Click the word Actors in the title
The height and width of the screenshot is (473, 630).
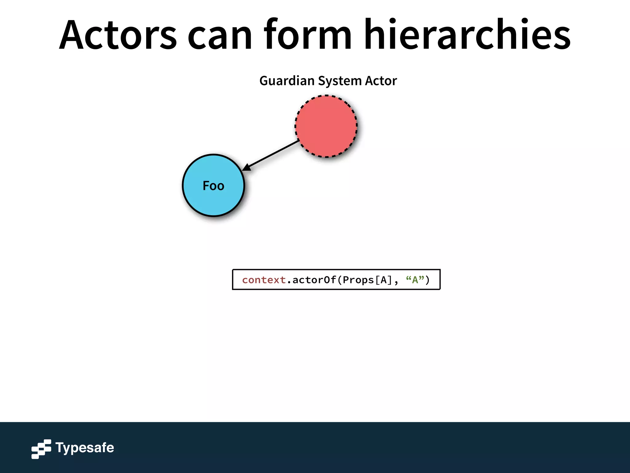point(118,34)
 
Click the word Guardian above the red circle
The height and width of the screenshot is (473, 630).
point(287,81)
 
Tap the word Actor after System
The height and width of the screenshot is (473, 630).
point(381,81)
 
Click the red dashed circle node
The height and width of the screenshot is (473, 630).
point(326,126)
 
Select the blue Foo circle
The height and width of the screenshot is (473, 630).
point(213,200)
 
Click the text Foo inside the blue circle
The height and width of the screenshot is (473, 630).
point(213,186)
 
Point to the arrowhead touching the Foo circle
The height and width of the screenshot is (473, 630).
point(246,168)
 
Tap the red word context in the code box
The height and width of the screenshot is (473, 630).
point(264,280)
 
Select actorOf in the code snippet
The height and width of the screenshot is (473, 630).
point(314,280)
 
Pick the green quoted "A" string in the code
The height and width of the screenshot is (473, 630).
point(415,280)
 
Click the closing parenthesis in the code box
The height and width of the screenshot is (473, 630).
point(428,280)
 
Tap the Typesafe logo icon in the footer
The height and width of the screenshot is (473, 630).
point(41,449)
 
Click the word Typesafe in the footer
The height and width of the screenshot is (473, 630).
point(85,448)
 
